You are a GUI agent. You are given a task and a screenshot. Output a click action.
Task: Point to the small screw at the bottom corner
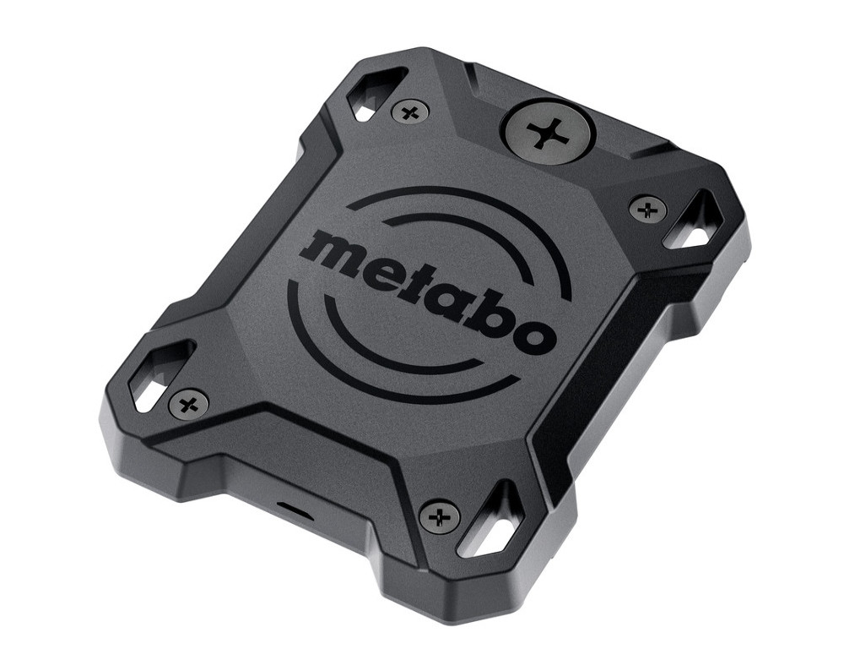(x=440, y=515)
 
